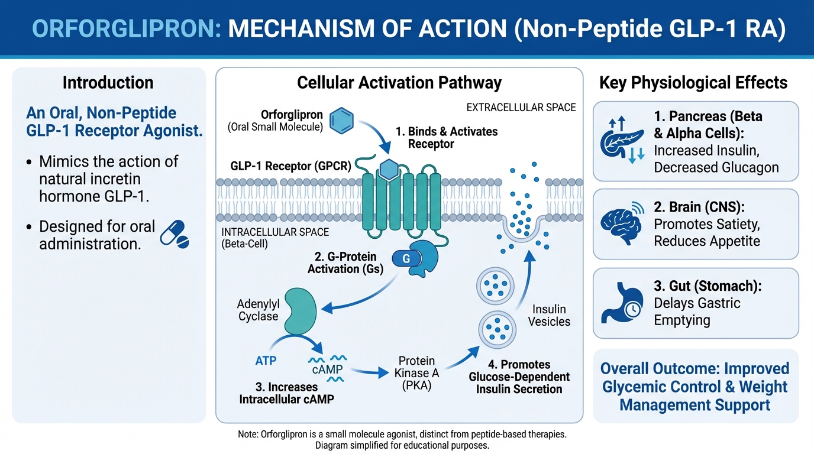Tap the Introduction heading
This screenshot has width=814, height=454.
point(108,82)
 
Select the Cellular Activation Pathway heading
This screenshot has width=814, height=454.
point(399,82)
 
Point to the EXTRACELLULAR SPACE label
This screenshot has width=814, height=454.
point(521,108)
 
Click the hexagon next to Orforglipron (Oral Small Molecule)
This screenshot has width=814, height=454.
point(341,119)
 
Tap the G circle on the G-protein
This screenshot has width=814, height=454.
point(406,258)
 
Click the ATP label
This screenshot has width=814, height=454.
point(266,360)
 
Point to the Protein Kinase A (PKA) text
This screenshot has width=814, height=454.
point(416,373)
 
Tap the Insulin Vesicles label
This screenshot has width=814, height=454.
point(550,316)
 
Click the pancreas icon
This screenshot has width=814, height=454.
point(621,140)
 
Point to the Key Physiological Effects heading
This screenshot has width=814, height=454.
point(693,82)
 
